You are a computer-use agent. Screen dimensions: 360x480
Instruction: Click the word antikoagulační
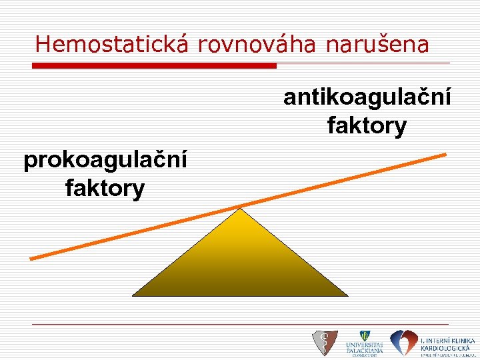367,97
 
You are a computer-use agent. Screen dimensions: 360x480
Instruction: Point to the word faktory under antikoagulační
367,125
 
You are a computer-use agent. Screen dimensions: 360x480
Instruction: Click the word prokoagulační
105,161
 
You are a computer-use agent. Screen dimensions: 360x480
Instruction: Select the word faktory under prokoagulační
105,189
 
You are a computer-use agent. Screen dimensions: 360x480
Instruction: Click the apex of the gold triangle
240,209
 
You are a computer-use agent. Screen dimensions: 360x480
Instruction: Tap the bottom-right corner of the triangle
347,295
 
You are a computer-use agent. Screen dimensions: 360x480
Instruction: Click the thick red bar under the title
154,65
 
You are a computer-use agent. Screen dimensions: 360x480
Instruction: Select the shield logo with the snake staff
325,343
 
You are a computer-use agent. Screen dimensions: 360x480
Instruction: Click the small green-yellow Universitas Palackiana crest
365,336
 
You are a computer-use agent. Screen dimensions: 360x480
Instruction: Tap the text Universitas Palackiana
365,348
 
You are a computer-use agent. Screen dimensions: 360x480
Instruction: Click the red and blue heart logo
403,343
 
